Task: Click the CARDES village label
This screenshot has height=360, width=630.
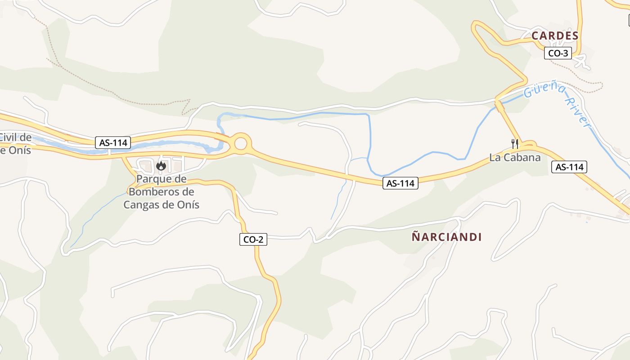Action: click(x=554, y=36)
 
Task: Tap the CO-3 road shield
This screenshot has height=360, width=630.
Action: click(x=558, y=53)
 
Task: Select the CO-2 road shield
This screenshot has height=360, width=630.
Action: click(x=253, y=239)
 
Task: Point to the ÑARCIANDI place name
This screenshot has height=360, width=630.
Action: click(x=446, y=237)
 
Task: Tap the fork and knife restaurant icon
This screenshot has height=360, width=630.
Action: click(x=515, y=144)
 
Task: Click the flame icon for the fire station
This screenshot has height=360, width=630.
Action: click(x=161, y=166)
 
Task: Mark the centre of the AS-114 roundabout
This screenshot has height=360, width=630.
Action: click(x=241, y=144)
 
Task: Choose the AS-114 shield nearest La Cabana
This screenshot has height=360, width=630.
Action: click(x=569, y=167)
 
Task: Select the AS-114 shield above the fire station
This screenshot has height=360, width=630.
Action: click(x=113, y=143)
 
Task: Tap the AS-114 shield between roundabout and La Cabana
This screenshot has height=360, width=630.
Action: click(x=400, y=183)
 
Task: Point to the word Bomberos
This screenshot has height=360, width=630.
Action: click(x=162, y=192)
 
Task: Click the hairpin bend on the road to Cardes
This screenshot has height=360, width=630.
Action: click(x=476, y=26)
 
